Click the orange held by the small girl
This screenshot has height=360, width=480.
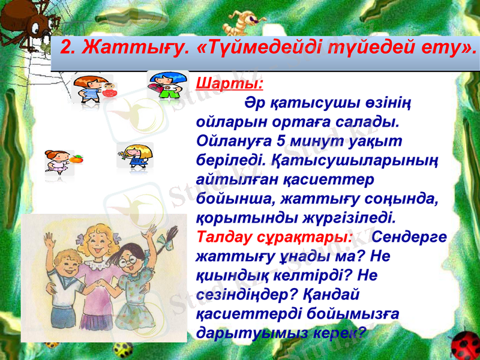click(x=77, y=159)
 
